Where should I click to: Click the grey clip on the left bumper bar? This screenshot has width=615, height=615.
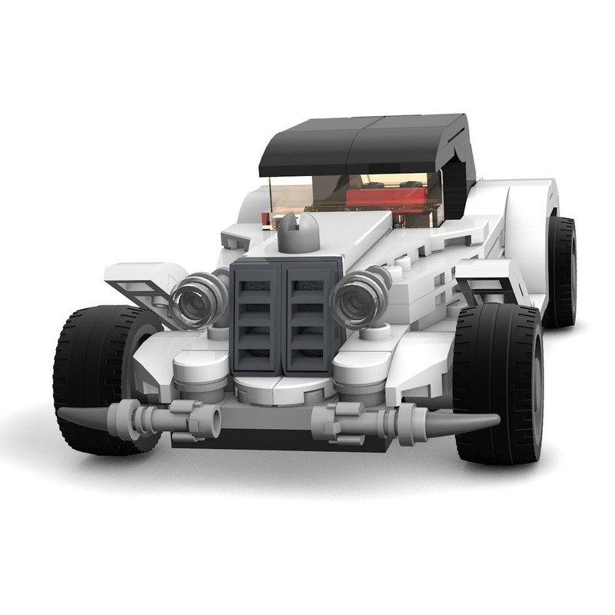click(x=188, y=419)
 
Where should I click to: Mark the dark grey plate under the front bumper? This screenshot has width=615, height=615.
click(x=284, y=441)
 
